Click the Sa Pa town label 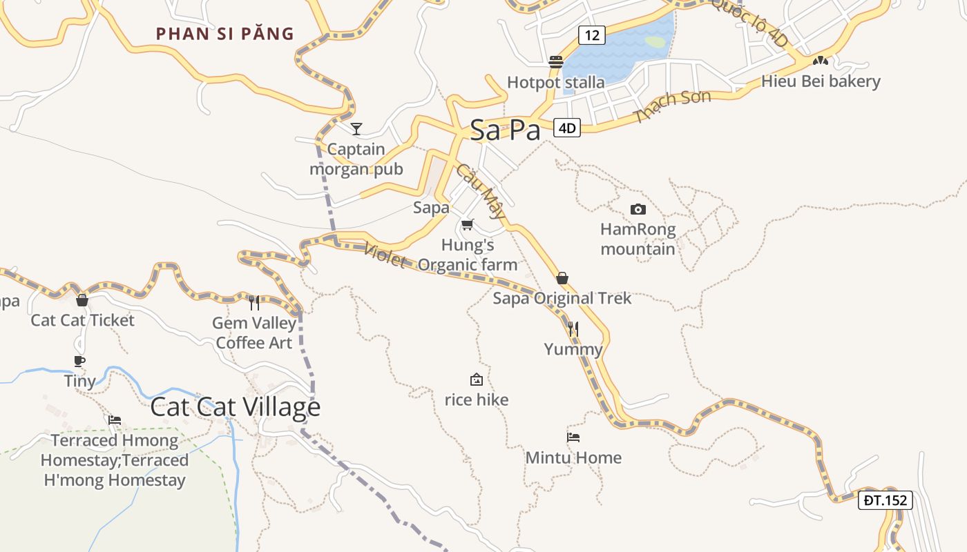pyautogui.click(x=505, y=130)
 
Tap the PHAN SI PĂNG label pyautogui.click(x=225, y=34)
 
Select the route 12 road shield pyautogui.click(x=592, y=34)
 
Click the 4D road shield pyautogui.click(x=567, y=128)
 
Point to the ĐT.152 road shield pyautogui.click(x=885, y=500)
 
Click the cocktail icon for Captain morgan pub pyautogui.click(x=356, y=128)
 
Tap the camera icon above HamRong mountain pyautogui.click(x=638, y=209)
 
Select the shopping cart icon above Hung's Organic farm pyautogui.click(x=468, y=224)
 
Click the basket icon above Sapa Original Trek pyautogui.click(x=562, y=278)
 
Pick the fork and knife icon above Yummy pyautogui.click(x=573, y=329)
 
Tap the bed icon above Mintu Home pyautogui.click(x=573, y=437)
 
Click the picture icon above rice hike pyautogui.click(x=476, y=379)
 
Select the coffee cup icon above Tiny pyautogui.click(x=79, y=361)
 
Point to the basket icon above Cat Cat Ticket pyautogui.click(x=82, y=300)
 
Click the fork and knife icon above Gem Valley pyautogui.click(x=254, y=302)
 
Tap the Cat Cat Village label pyautogui.click(x=235, y=407)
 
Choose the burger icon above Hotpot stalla pyautogui.click(x=555, y=62)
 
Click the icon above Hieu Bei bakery pyautogui.click(x=820, y=61)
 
